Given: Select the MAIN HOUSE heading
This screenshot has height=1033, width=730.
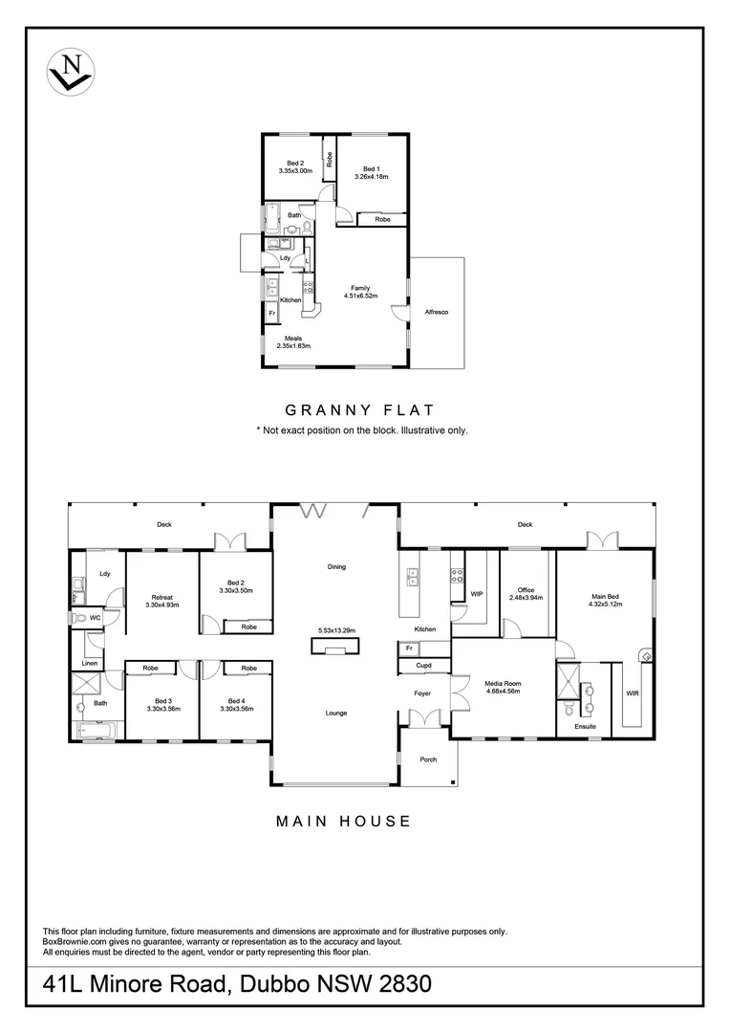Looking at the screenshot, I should [343, 821].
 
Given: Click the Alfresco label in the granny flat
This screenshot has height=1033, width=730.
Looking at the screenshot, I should [437, 313].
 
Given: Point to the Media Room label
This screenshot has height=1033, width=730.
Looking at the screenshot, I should [502, 685].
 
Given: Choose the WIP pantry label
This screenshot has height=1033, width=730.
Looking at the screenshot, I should [477, 594].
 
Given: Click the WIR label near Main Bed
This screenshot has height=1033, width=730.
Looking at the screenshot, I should [632, 693].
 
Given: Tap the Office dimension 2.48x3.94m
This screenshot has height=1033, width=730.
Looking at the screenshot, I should [526, 598].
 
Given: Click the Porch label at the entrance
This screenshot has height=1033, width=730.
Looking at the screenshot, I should [428, 759].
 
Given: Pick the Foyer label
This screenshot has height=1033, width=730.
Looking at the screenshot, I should [422, 692].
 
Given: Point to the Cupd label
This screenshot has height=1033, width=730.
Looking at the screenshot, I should [424, 666].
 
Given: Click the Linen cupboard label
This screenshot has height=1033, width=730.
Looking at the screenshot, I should [89, 663].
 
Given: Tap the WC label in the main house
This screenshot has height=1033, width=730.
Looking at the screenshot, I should [95, 618].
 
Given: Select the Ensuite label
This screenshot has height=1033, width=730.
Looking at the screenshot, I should [585, 727].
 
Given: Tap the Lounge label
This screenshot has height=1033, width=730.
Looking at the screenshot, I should [335, 713].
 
